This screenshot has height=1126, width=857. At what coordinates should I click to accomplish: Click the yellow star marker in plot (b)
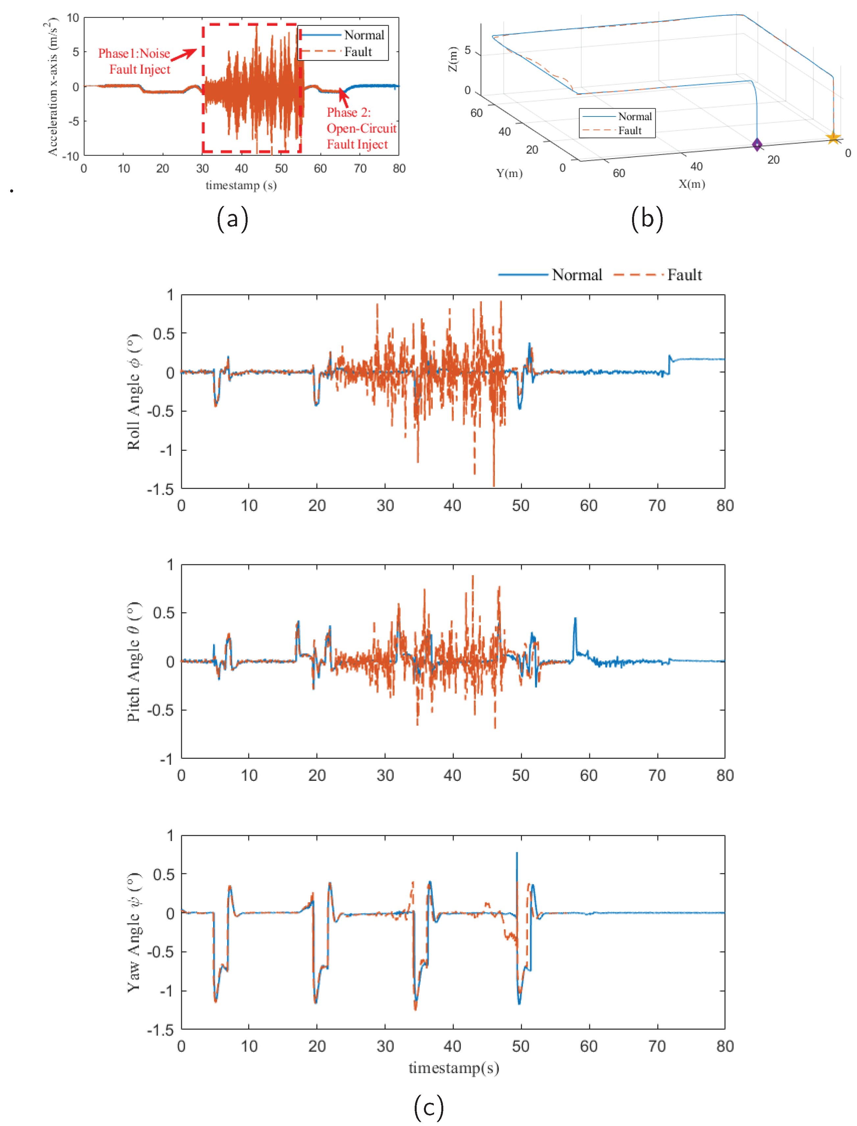click(x=833, y=137)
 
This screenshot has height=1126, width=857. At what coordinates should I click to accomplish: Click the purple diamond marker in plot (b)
click(x=757, y=145)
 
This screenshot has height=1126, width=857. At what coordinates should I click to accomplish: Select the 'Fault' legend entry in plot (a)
click(x=357, y=52)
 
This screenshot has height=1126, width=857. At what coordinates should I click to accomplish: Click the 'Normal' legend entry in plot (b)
click(x=635, y=116)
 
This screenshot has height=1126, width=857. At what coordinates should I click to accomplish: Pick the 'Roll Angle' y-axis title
click(x=134, y=392)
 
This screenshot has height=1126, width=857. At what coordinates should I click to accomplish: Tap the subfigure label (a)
click(x=233, y=218)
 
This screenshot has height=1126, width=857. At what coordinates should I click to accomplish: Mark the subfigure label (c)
click(x=428, y=1107)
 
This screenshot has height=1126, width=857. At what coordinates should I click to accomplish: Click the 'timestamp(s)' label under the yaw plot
click(x=453, y=1067)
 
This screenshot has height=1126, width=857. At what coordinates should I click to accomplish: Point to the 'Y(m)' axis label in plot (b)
click(x=509, y=173)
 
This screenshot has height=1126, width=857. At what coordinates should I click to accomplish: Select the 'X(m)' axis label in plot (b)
click(x=692, y=184)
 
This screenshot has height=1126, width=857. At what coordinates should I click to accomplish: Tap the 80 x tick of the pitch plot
click(x=725, y=775)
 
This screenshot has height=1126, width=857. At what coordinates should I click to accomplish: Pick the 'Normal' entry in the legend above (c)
click(x=576, y=275)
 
